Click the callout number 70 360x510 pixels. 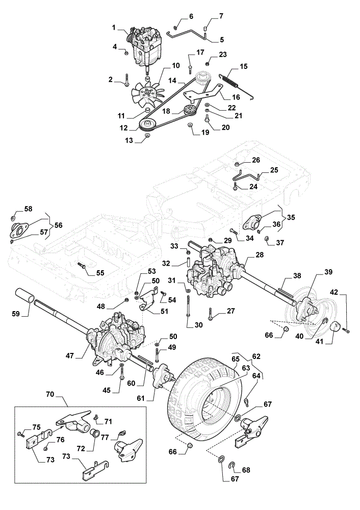50,395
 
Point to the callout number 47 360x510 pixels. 70,355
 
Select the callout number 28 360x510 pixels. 260,254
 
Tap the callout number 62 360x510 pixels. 256,356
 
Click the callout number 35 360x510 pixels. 291,217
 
